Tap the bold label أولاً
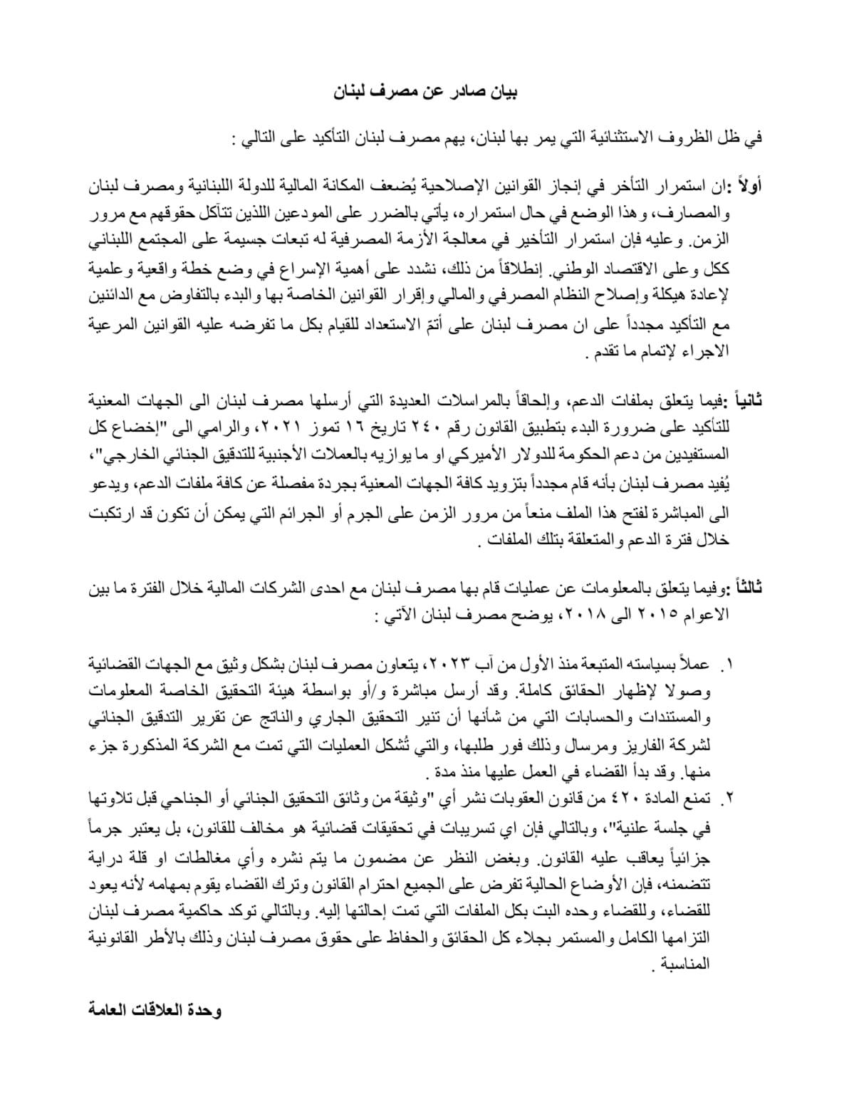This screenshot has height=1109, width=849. coord(749,187)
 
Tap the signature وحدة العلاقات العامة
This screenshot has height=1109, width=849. coord(155,1011)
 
